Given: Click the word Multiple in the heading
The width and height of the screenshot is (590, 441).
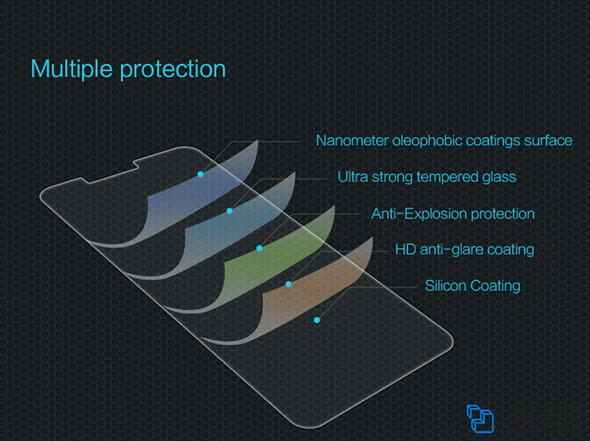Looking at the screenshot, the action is pyautogui.click(x=72, y=69).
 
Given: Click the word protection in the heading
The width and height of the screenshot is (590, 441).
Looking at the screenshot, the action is pyautogui.click(x=173, y=70).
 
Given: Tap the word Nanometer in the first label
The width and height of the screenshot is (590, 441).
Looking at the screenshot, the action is pyautogui.click(x=352, y=141).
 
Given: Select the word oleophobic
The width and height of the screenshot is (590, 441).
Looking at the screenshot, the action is pyautogui.click(x=427, y=141).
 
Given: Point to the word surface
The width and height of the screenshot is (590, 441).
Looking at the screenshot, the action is pyautogui.click(x=548, y=141).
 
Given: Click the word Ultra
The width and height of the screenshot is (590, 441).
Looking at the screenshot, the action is pyautogui.click(x=352, y=177).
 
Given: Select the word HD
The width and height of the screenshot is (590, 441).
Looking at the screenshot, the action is pyautogui.click(x=405, y=250).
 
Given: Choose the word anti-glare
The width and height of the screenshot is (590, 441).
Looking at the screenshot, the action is pyautogui.click(x=451, y=250).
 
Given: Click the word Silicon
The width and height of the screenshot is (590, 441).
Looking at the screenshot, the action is pyautogui.click(x=446, y=286).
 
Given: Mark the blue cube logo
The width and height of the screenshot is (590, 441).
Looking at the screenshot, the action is pyautogui.click(x=480, y=418).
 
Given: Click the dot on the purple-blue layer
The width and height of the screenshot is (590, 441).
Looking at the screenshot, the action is pyautogui.click(x=201, y=175).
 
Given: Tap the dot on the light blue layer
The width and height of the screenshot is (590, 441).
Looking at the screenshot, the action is pyautogui.click(x=229, y=211).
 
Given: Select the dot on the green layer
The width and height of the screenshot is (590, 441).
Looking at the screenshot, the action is pyautogui.click(x=260, y=249).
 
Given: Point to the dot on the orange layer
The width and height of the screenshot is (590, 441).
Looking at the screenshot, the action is pyautogui.click(x=288, y=284).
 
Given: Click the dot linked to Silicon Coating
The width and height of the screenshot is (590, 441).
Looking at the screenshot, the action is pyautogui.click(x=317, y=320).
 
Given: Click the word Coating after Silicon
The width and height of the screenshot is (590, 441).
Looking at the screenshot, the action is pyautogui.click(x=496, y=287).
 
